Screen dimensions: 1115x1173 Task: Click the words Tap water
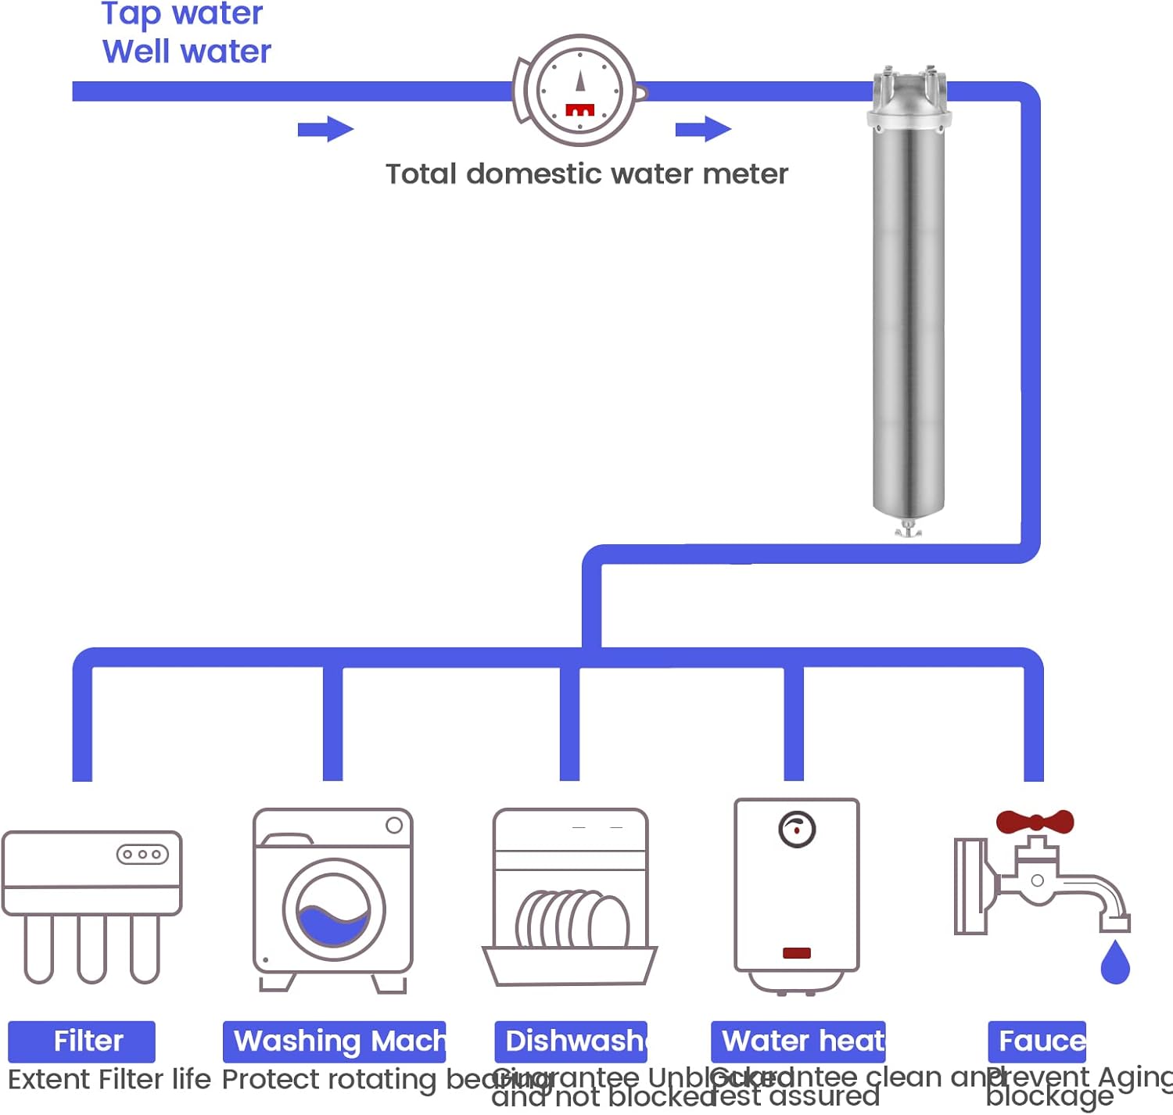[x=182, y=13]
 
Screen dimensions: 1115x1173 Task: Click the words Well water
[x=187, y=52]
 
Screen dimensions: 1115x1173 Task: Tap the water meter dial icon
[x=579, y=91]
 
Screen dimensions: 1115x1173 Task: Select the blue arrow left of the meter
[x=326, y=129]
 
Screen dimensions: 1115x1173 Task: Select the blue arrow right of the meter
[x=704, y=129]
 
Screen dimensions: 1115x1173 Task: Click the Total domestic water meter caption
[x=586, y=174]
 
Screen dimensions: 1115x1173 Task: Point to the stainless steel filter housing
[x=908, y=313]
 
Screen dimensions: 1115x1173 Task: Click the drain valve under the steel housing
[x=908, y=530]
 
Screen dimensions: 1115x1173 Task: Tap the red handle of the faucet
[x=1035, y=822]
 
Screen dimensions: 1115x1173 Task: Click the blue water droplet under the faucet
[x=1115, y=964]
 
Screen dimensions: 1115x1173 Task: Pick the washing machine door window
[x=334, y=911]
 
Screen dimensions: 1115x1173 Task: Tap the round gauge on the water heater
[x=797, y=830]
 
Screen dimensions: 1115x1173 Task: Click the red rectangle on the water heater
[x=797, y=952]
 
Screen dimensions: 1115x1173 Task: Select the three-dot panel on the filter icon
[x=142, y=855]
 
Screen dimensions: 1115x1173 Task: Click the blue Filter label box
[x=82, y=1041]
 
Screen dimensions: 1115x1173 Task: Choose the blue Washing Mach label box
[x=334, y=1041]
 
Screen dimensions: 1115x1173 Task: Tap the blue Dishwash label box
[x=571, y=1041]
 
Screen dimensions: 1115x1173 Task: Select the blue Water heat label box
[x=798, y=1041]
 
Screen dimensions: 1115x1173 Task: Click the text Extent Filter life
[x=109, y=1080]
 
